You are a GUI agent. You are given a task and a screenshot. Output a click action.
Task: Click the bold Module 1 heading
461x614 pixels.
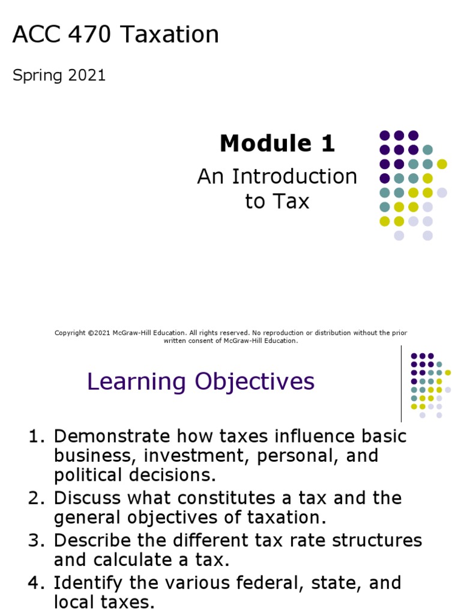point(277,143)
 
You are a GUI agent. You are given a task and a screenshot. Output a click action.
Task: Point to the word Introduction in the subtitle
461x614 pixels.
point(294,176)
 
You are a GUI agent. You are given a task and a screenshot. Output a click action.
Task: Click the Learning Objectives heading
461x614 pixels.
point(200,381)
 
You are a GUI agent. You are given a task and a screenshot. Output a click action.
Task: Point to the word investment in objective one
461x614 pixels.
point(198,456)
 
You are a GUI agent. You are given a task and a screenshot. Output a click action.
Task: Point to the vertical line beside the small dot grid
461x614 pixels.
point(401,384)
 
